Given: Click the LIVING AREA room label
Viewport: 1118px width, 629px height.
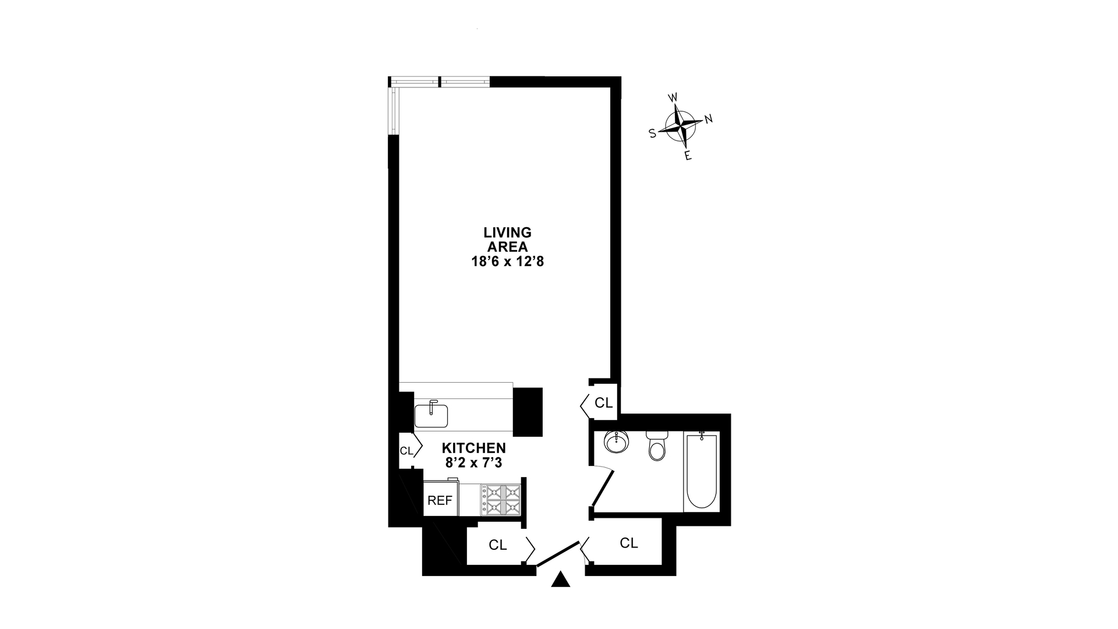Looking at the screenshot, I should pyautogui.click(x=507, y=239).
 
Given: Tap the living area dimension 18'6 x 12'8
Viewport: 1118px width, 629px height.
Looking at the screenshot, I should pyautogui.click(x=507, y=262).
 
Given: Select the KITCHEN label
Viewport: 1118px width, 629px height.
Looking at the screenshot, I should pyautogui.click(x=473, y=448).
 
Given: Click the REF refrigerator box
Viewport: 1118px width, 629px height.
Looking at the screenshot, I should pyautogui.click(x=440, y=500).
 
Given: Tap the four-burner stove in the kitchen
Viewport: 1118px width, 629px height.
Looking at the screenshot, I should pyautogui.click(x=500, y=500).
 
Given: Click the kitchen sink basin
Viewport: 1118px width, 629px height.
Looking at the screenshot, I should pyautogui.click(x=431, y=416).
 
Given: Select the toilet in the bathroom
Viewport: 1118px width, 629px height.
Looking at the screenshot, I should pyautogui.click(x=656, y=447).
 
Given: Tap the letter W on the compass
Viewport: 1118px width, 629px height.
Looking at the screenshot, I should pyautogui.click(x=673, y=97).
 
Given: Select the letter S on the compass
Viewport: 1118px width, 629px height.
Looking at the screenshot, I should pyautogui.click(x=653, y=133).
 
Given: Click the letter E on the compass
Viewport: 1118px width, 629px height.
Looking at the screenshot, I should pyautogui.click(x=688, y=156).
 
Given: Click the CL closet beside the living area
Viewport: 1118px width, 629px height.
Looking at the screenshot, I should pyautogui.click(x=603, y=402).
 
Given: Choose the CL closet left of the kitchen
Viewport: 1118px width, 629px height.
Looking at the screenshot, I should pyautogui.click(x=406, y=450).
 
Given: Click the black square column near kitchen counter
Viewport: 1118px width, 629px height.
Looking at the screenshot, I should pyautogui.click(x=528, y=411).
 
